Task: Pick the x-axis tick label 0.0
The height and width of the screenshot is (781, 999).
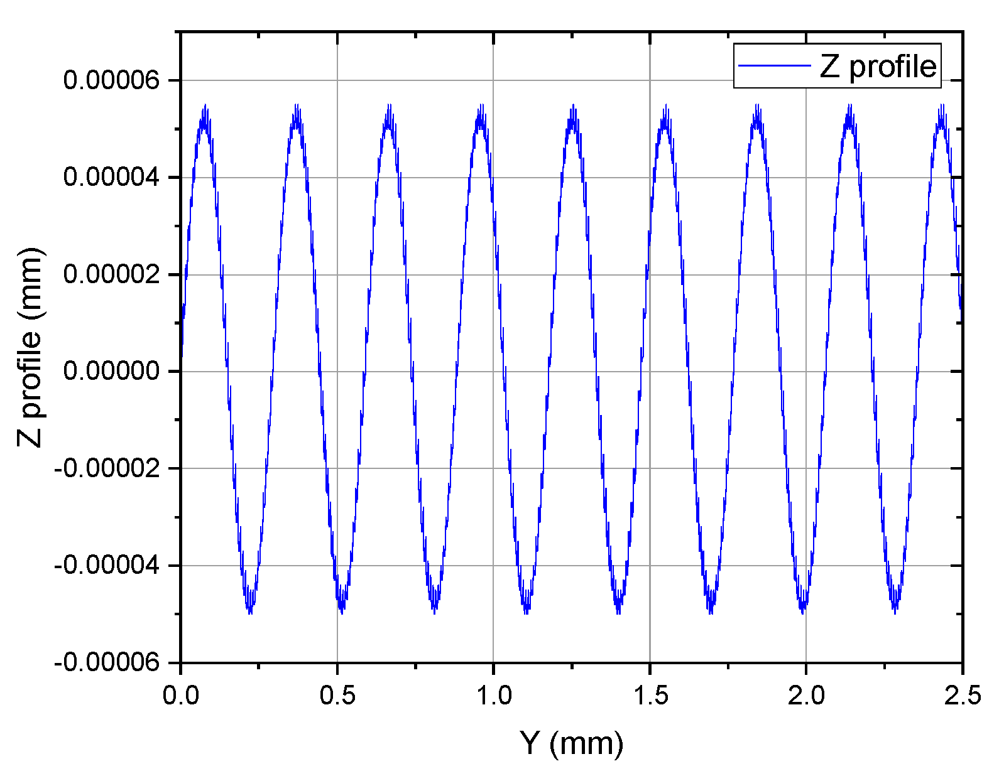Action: pyautogui.click(x=181, y=695)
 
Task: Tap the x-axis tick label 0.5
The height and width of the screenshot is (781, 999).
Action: pyautogui.click(x=337, y=695)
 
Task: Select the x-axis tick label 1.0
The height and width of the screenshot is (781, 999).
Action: pyautogui.click(x=493, y=695)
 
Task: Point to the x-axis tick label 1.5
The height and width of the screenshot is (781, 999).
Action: pyautogui.click(x=650, y=695)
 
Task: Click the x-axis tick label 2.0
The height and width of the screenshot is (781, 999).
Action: pyautogui.click(x=806, y=695)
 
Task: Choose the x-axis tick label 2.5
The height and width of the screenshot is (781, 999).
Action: pyautogui.click(x=962, y=695)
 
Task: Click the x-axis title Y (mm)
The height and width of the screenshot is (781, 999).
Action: pyautogui.click(x=572, y=743)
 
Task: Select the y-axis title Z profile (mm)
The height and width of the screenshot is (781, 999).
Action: pyautogui.click(x=30, y=347)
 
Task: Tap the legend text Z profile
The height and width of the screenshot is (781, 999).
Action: pyautogui.click(x=878, y=66)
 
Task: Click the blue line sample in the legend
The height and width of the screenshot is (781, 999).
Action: pyautogui.click(x=774, y=65)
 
